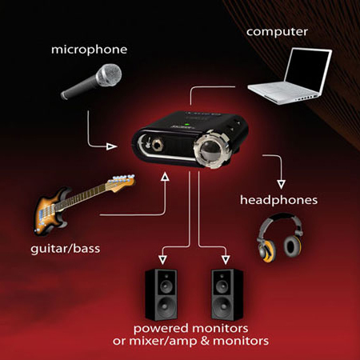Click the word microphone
tap(89, 50)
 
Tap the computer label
tap(277, 32)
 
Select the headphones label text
tap(278, 200)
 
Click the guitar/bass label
tap(66, 249)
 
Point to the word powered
tap(161, 329)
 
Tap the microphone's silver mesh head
tap(109, 75)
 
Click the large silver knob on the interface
tap(211, 149)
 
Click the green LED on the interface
tap(187, 124)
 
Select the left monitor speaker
tap(161, 294)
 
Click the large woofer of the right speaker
tap(222, 307)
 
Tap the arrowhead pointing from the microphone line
tap(111, 146)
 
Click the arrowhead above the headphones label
tap(281, 185)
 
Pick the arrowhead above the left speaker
tap(162, 260)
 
